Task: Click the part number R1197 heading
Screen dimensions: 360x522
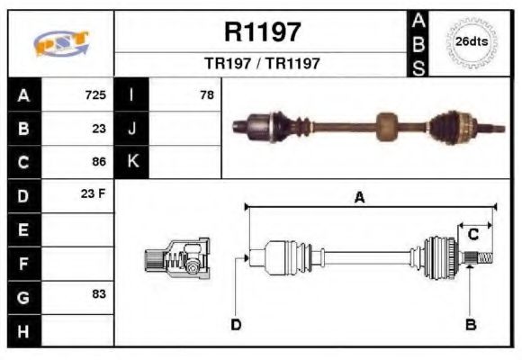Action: pos(261,31)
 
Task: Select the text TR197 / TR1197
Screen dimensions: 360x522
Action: pos(261,64)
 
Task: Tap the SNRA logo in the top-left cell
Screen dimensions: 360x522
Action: pos(61,43)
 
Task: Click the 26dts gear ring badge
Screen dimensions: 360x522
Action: pos(472,42)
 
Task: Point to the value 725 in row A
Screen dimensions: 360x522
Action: pos(95,94)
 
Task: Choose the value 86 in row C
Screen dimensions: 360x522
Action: pos(99,162)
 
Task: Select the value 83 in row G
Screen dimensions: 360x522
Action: pos(99,294)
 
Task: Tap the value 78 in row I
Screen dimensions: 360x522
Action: pos(207,94)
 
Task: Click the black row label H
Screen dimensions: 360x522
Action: pos(23,329)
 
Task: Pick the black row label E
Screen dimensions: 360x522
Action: pos(23,229)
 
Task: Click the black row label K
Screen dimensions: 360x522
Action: pos(132,162)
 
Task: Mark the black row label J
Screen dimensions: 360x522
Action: pos(132,129)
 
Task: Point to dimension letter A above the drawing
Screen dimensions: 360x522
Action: pos(359,199)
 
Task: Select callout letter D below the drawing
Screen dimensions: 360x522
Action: pos(236,324)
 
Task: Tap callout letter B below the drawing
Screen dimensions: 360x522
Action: pos(470,324)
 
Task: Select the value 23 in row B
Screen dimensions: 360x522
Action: pos(99,129)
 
